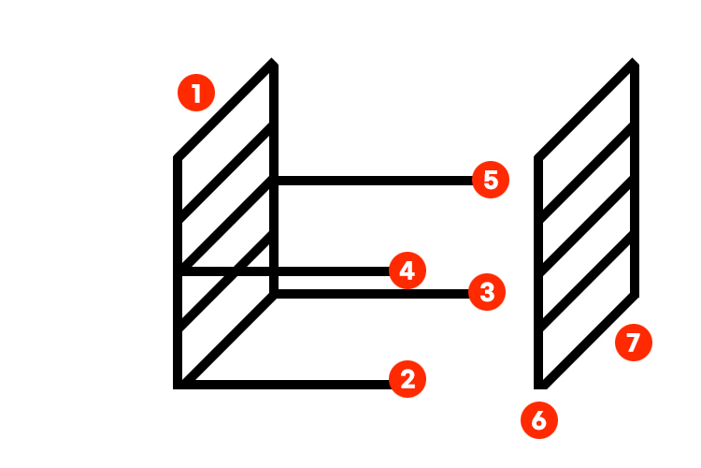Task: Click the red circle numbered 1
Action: (196, 93)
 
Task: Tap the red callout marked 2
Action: (408, 379)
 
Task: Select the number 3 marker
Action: (487, 292)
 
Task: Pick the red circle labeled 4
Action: (408, 271)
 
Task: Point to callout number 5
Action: (491, 180)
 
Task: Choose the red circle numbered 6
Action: (539, 420)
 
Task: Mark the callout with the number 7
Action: (634, 343)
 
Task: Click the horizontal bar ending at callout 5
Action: (375, 181)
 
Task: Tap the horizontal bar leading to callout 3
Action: (372, 294)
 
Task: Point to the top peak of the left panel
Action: (272, 58)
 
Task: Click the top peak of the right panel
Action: (633, 58)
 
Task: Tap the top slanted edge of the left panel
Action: (222, 108)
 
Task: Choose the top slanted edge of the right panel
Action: (583, 108)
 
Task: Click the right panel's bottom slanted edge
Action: (590, 341)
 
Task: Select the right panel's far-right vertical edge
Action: (635, 179)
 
